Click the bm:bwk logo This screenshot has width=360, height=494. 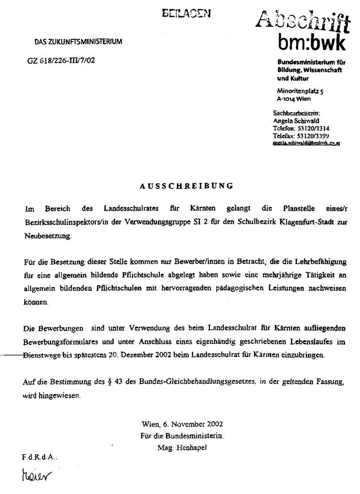tap(311, 43)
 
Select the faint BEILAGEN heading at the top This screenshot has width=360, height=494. tap(187, 14)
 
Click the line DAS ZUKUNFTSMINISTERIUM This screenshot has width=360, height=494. tap(78, 42)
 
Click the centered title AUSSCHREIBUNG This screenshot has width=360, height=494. tap(187, 186)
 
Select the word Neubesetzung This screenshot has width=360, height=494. tap(48, 237)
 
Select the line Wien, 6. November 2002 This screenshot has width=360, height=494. tap(182, 424)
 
